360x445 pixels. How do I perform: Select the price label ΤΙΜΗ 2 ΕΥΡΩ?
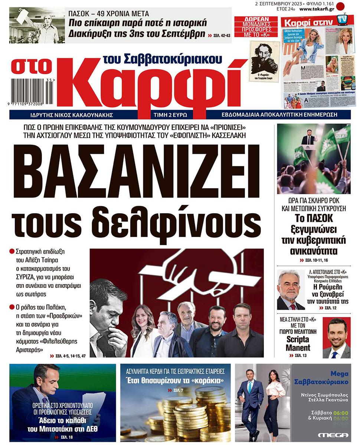click(172, 115)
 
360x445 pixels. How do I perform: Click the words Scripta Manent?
click(298, 344)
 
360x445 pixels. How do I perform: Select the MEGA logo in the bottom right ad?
click(333, 435)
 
